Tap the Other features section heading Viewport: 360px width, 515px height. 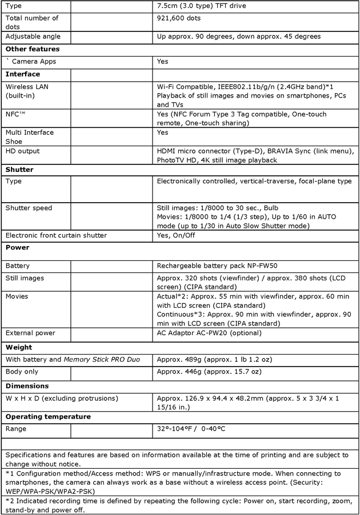click(32, 49)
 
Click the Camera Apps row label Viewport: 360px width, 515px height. click(33, 61)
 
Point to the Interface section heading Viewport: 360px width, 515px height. click(22, 74)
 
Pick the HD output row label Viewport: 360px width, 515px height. click(23, 151)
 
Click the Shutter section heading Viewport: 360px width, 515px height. click(19, 170)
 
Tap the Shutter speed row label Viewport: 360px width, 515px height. click(29, 208)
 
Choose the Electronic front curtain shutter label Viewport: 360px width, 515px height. click(56, 235)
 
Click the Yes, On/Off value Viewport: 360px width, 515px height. click(176, 235)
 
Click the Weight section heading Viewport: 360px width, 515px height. click(19, 347)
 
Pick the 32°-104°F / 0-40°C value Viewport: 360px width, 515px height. click(195, 429)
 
